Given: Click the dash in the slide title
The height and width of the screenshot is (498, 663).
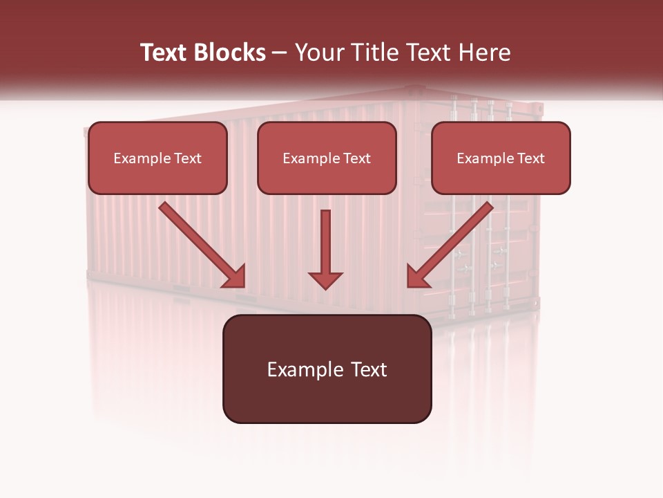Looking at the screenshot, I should [280, 53].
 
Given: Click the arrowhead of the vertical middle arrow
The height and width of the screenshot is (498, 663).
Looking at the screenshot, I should [325, 279].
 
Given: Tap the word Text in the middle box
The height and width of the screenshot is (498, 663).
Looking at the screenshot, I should [357, 158].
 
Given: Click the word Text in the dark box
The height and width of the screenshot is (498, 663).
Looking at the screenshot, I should [369, 369].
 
